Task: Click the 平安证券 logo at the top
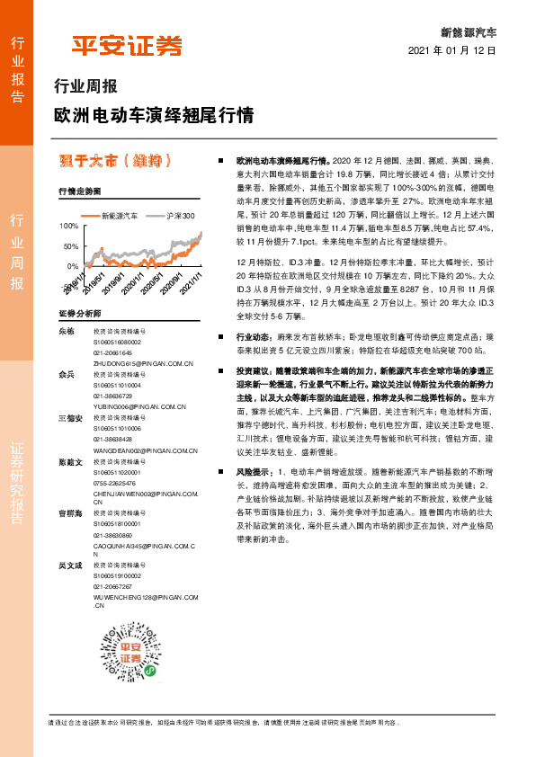coord(127,45)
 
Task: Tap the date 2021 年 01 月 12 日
coord(452,51)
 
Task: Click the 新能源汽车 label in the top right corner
coord(475,31)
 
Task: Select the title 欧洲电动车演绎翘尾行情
coord(154,116)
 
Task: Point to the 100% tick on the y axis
coord(68,225)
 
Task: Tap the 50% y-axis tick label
coord(70,246)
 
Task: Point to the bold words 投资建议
coord(252,370)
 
